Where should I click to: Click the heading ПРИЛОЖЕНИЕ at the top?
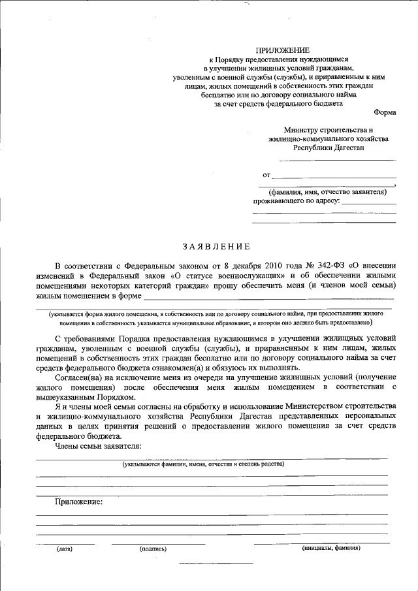(x=282, y=50)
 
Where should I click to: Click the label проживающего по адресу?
(x=297, y=201)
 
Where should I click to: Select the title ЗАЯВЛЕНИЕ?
(x=216, y=246)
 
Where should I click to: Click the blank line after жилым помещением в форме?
(x=261, y=300)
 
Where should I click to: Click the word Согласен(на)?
(x=82, y=377)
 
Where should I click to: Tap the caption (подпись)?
(x=153, y=549)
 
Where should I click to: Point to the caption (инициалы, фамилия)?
(x=331, y=549)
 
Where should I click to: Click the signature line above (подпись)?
(x=158, y=543)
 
